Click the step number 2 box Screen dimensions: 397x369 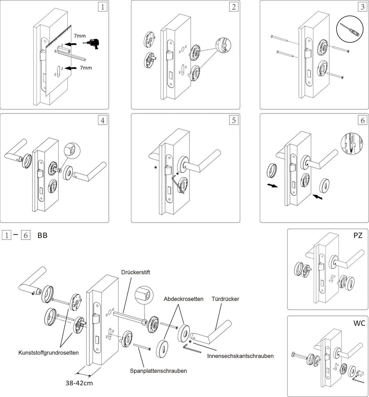pyautogui.click(x=234, y=7)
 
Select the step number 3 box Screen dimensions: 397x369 pyautogui.click(x=362, y=7)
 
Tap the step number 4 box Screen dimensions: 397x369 pyautogui.click(x=103, y=120)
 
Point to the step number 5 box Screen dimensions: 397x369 pyautogui.click(x=234, y=120)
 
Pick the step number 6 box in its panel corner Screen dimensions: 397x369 pyautogui.click(x=362, y=120)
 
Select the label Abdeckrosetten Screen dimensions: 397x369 pyautogui.click(x=184, y=299)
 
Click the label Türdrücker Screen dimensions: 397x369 pyautogui.click(x=225, y=299)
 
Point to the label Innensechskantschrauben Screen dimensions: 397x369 pyautogui.click(x=241, y=356)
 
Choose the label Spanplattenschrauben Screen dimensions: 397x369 pyautogui.click(x=159, y=371)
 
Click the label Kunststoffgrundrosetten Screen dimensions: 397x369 pyautogui.click(x=49, y=353)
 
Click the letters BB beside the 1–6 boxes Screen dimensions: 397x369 pyautogui.click(x=42, y=236)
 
